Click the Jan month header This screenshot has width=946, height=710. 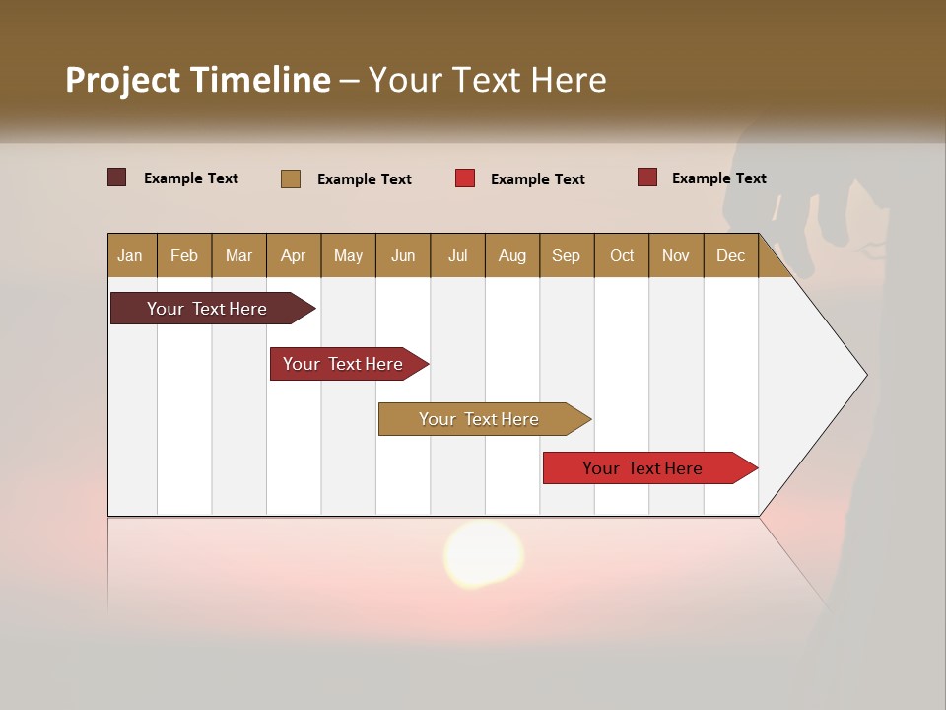pyautogui.click(x=130, y=255)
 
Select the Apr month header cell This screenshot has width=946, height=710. pyautogui.click(x=293, y=255)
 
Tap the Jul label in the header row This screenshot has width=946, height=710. pyautogui.click(x=457, y=255)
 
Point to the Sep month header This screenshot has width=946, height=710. pyautogui.click(x=566, y=255)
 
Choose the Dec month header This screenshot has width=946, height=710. pyautogui.click(x=730, y=255)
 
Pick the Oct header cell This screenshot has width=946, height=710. pyautogui.click(x=621, y=255)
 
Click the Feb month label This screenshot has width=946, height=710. pyautogui.click(x=184, y=255)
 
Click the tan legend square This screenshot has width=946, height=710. pyautogui.click(x=291, y=178)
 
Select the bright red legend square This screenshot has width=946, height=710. pyautogui.click(x=465, y=178)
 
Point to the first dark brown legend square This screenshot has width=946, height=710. pyautogui.click(x=117, y=177)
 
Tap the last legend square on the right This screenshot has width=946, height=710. pyautogui.click(x=647, y=177)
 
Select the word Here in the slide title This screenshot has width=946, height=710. pyautogui.click(x=569, y=80)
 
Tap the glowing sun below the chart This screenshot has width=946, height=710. pyautogui.click(x=483, y=553)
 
